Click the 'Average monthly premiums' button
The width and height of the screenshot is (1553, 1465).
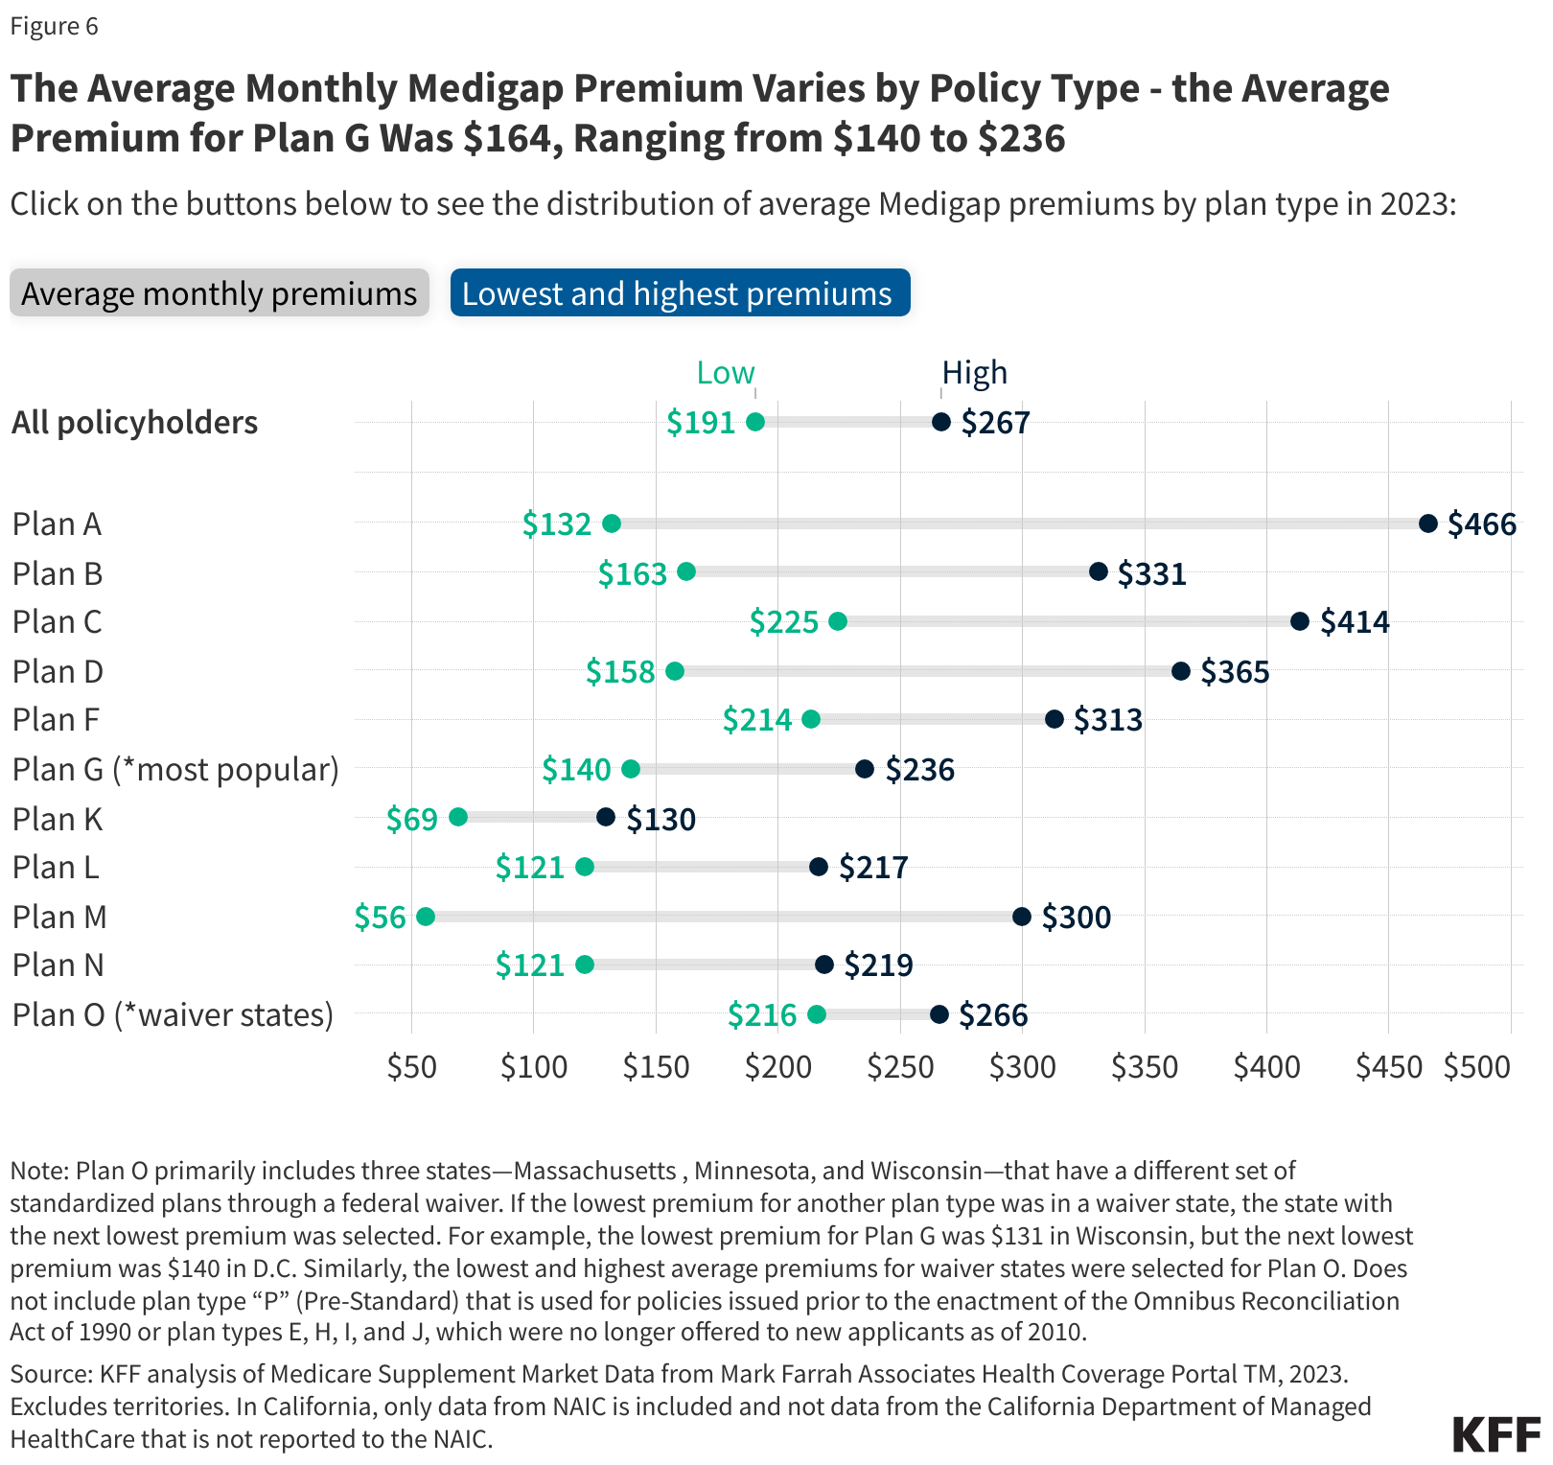219,293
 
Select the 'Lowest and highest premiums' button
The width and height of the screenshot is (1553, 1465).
679,293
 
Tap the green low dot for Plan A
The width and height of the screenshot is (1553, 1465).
612,523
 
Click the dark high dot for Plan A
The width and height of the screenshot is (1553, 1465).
1428,523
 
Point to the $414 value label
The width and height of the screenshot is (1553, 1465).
1355,622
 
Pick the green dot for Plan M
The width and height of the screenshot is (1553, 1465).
426,917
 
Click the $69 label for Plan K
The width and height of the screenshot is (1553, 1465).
412,820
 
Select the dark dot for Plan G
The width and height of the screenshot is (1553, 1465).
865,769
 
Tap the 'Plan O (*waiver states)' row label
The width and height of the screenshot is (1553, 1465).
173,1014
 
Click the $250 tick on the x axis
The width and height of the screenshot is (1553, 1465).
900,1067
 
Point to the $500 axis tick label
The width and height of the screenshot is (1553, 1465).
1477,1067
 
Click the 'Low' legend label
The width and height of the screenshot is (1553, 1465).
726,373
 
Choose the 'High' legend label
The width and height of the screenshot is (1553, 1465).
974,373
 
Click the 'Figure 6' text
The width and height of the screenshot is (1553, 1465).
54,26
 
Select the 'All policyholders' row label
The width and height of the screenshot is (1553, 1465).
134,423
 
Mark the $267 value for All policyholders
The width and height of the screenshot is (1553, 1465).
995,423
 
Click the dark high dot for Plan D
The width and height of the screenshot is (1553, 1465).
1181,671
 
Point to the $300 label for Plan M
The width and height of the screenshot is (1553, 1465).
1077,918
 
